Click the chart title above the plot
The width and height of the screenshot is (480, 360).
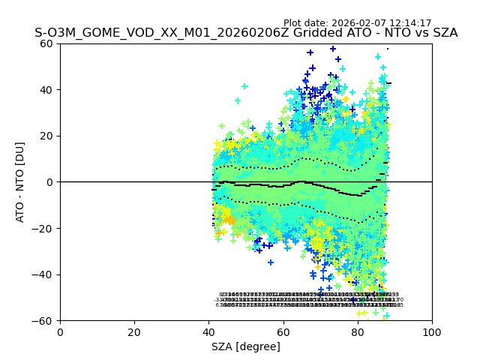246,34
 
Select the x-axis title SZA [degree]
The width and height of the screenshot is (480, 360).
246,346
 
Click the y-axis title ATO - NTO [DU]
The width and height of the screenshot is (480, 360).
20,182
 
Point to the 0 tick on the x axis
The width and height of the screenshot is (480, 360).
60,332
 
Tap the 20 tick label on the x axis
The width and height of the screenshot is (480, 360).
134,332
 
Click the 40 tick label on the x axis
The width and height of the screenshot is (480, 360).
208,332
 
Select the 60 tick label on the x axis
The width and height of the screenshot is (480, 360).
283,332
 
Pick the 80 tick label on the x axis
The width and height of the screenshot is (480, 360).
357,332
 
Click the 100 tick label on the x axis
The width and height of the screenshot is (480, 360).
431,332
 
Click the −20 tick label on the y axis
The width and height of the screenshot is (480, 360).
45,228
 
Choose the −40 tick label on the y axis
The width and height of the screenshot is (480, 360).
45,274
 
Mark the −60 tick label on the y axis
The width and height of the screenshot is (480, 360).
45,320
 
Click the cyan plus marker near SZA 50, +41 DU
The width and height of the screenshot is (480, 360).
244,86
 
